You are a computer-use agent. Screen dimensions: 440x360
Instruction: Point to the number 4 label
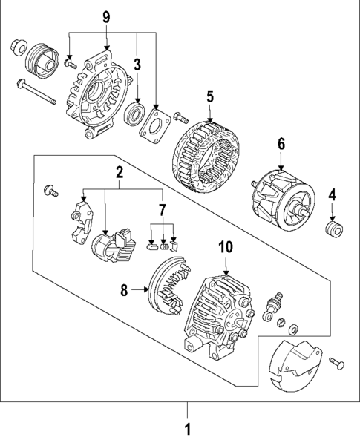point(333,195)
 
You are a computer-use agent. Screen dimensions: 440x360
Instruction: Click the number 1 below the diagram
point(187,428)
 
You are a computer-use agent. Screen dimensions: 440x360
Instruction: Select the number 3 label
point(137,64)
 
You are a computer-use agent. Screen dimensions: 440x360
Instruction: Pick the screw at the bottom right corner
point(338,362)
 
